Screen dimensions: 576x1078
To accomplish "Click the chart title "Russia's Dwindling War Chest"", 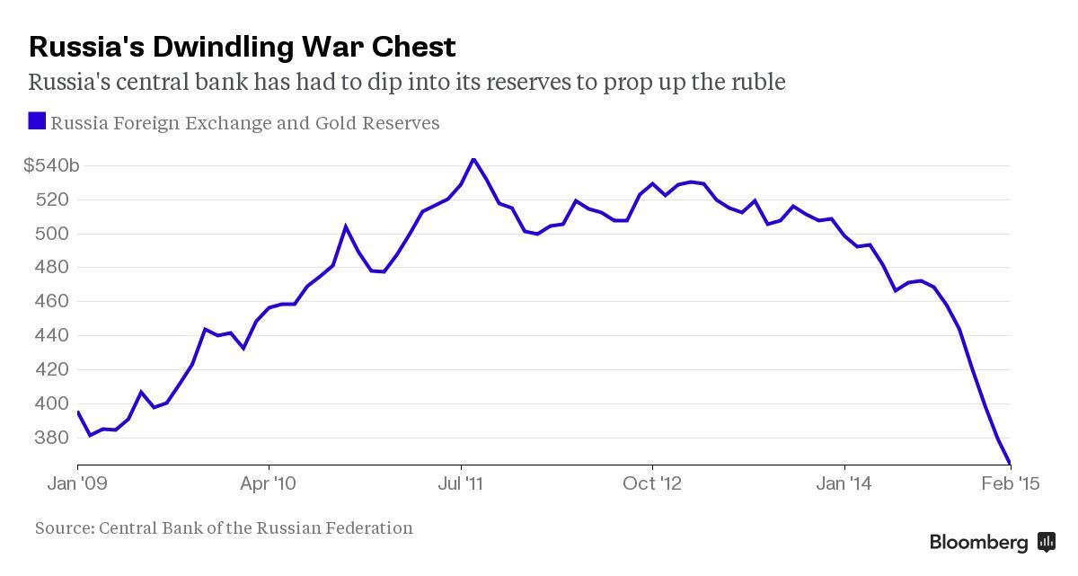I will click(242, 46).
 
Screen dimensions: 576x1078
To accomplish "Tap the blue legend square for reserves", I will click(37, 121).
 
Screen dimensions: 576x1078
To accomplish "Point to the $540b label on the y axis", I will click(51, 165).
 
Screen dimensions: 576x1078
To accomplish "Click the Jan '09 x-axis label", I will click(78, 484).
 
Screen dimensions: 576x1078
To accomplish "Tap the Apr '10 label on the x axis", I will click(269, 484).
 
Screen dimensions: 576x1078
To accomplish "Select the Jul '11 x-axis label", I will click(461, 484).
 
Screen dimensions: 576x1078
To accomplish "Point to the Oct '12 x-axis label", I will click(653, 484).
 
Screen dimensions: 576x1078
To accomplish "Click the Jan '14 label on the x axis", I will click(844, 484).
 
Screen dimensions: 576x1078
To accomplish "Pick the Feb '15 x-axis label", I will click(1011, 484).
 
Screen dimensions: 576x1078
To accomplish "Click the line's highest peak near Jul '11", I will click(473, 159).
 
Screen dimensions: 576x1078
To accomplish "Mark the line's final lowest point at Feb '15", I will click(1010, 463).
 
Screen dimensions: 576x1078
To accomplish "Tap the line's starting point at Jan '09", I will click(78, 412).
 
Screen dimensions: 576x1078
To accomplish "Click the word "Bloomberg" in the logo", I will click(978, 543).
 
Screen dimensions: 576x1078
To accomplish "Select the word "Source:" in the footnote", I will click(65, 528).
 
